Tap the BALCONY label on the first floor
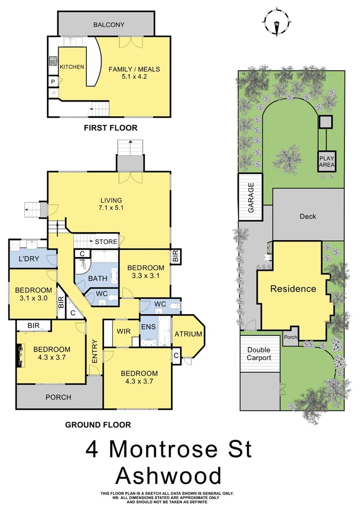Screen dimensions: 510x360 106,25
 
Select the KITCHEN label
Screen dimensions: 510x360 72,67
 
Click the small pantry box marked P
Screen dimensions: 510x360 52,81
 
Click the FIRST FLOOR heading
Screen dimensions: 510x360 111,128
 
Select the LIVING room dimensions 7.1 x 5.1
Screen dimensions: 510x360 110,207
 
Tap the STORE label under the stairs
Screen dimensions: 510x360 106,242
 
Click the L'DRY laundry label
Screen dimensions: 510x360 28,259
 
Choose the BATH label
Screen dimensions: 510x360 97,278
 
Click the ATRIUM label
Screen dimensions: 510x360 189,334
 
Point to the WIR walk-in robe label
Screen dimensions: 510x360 124,331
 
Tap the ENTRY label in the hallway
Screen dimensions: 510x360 95,352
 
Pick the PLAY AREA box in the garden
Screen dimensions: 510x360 326,162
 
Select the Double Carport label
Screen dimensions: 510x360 259,354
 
